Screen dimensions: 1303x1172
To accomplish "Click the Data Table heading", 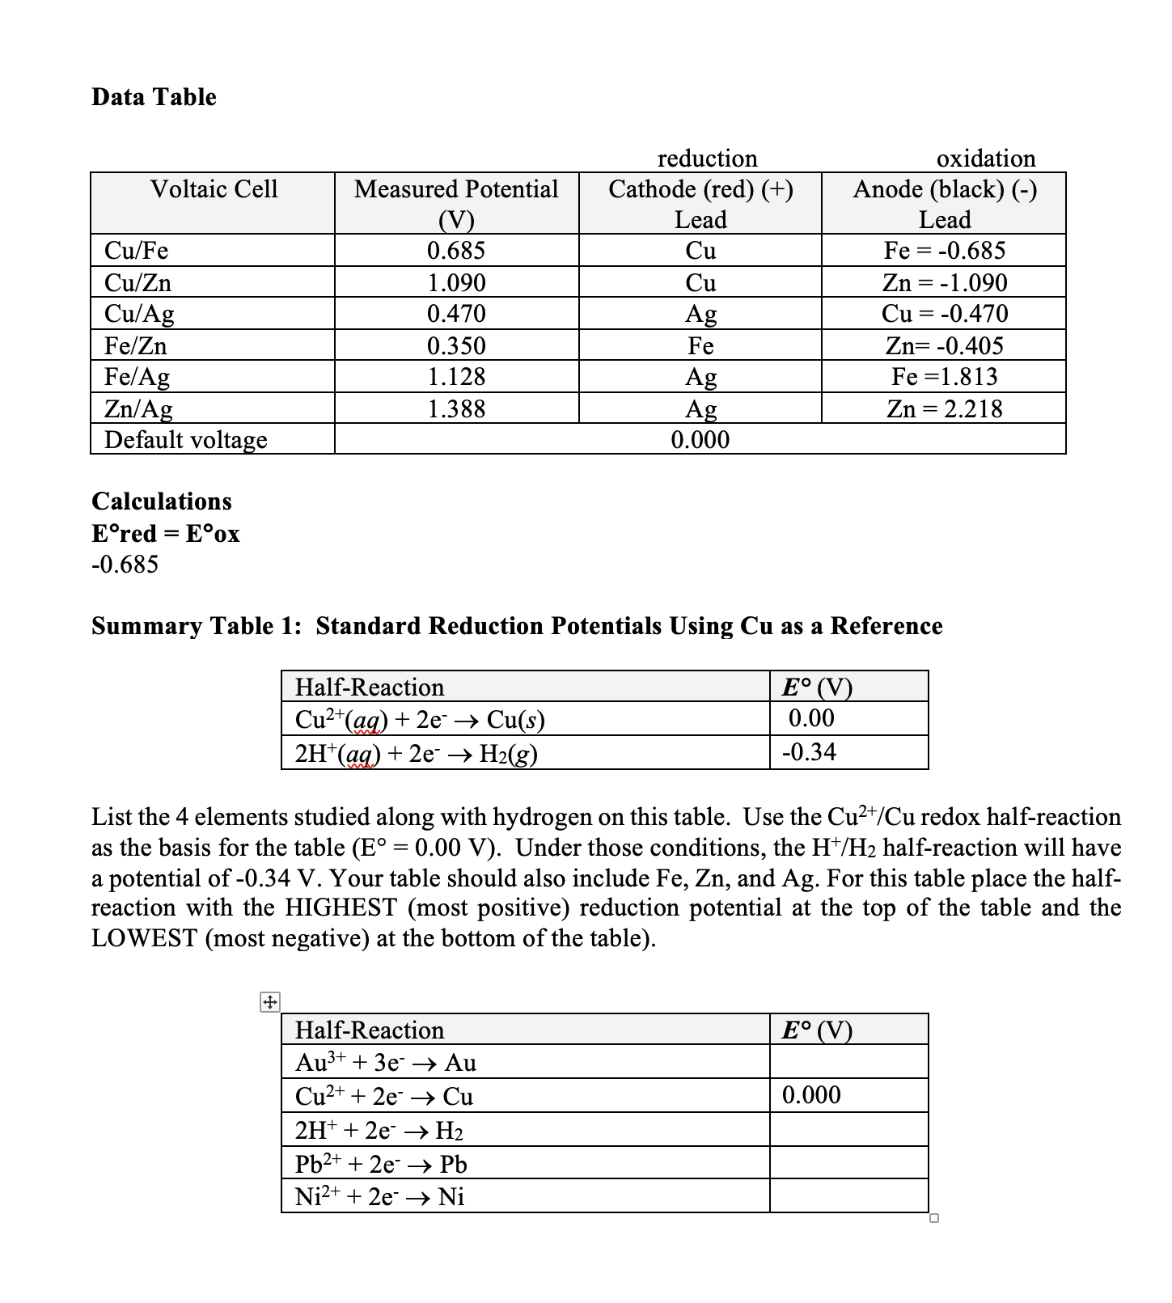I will pyautogui.click(x=154, y=97).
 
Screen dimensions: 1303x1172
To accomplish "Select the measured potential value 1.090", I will pyautogui.click(x=456, y=283).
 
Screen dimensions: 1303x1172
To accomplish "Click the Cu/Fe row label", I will pyautogui.click(x=136, y=251).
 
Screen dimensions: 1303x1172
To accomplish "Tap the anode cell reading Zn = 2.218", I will pyautogui.click(x=944, y=408).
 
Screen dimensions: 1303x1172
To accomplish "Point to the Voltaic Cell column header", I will pyautogui.click(x=214, y=189).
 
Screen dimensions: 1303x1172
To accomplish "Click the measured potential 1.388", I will pyautogui.click(x=456, y=408).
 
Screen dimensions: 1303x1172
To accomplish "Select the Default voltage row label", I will pyautogui.click(x=185, y=440).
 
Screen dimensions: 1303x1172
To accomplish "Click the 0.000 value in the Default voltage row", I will pyautogui.click(x=700, y=440).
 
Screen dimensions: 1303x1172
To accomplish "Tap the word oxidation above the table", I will pyautogui.click(x=985, y=158).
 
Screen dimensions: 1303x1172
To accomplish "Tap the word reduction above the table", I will pyautogui.click(x=707, y=158).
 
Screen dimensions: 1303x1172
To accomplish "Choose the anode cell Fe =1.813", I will pyautogui.click(x=944, y=377).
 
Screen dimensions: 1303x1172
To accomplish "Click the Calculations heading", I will pyautogui.click(x=162, y=501).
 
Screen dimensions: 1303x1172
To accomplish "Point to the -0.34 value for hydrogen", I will pyautogui.click(x=809, y=752).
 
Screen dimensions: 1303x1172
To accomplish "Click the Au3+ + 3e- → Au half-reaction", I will pyautogui.click(x=386, y=1062).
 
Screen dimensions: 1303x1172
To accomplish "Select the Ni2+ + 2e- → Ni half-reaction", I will pyautogui.click(x=379, y=1196).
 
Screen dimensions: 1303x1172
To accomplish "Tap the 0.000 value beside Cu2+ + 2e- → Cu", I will pyautogui.click(x=811, y=1095).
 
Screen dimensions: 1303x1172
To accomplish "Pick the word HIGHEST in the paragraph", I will pyautogui.click(x=342, y=907).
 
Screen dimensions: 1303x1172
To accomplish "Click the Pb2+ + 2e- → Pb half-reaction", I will pyautogui.click(x=381, y=1164).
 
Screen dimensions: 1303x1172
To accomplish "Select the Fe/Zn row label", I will pyautogui.click(x=136, y=346).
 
